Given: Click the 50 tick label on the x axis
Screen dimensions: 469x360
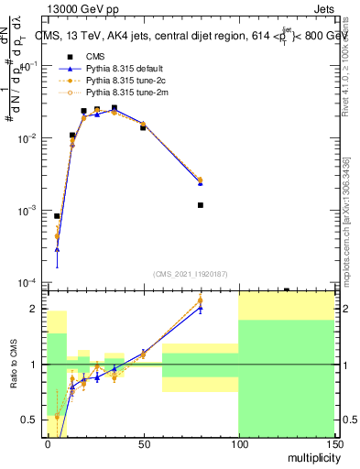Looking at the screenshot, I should tap(144, 442).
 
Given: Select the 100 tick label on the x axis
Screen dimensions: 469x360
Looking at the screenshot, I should tap(238, 442).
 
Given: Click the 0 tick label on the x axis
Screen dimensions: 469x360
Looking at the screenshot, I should tap(49, 442).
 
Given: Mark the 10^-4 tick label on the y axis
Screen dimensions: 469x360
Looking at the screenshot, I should tap(30, 282).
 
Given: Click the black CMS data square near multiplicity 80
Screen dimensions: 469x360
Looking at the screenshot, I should tap(200, 205).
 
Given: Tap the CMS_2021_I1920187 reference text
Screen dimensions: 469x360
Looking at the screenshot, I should tap(191, 274).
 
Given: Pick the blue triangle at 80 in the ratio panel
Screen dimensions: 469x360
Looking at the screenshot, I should tap(200, 308).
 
